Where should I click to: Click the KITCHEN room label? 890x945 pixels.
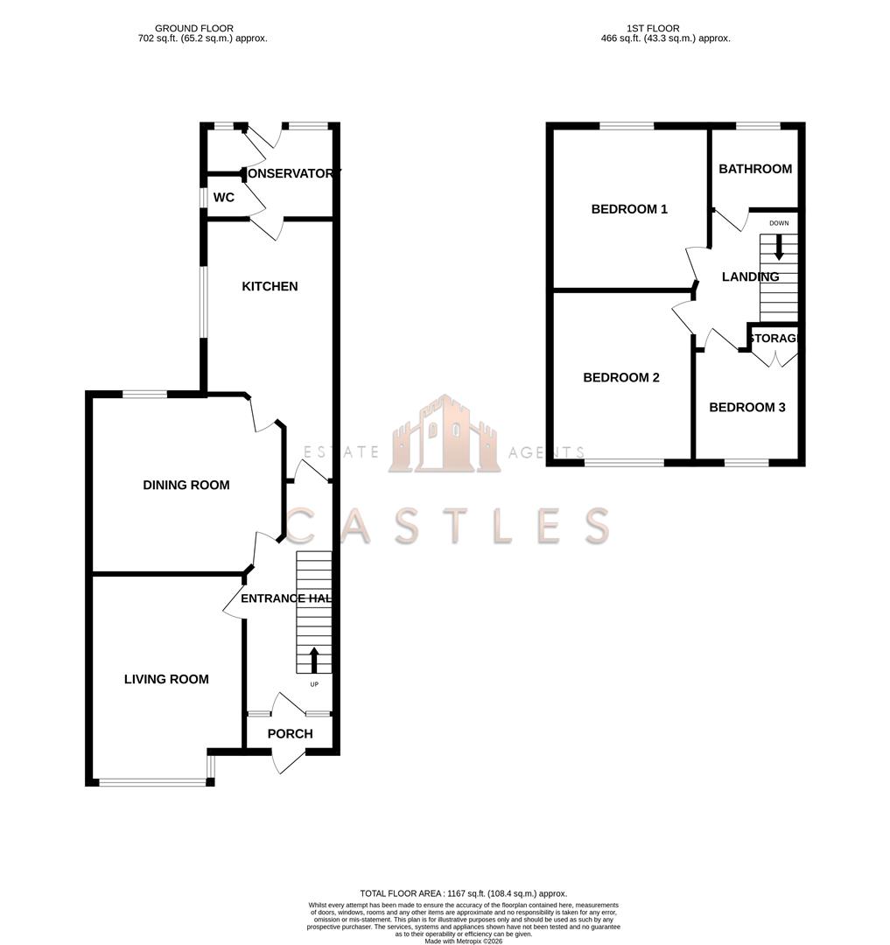270,286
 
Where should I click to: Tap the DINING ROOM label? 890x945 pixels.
186,485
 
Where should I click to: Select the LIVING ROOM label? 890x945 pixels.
166,679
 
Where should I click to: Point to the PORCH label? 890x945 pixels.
290,733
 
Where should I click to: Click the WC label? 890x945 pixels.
224,198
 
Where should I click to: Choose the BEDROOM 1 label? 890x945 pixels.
629,209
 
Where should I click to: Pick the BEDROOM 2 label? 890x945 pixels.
621,378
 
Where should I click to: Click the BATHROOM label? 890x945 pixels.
755,169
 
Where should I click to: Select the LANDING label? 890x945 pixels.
750,276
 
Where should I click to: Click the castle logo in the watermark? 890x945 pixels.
445,435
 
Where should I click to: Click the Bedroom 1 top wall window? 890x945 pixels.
627,126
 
